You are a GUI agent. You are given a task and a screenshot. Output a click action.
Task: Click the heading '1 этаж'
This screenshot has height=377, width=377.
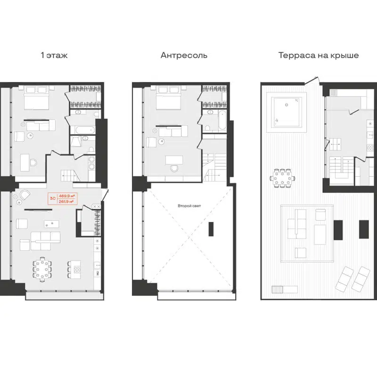[55, 56]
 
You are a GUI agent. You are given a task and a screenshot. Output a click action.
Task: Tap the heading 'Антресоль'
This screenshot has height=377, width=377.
[184, 56]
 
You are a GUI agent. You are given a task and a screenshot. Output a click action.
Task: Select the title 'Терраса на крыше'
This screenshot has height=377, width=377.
[319, 56]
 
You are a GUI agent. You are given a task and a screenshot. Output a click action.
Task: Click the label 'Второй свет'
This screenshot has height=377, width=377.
[188, 206]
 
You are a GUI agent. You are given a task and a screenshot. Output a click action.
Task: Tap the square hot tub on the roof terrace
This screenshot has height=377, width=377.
[285, 112]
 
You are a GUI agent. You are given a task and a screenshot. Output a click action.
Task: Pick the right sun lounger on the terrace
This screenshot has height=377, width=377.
[362, 279]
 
